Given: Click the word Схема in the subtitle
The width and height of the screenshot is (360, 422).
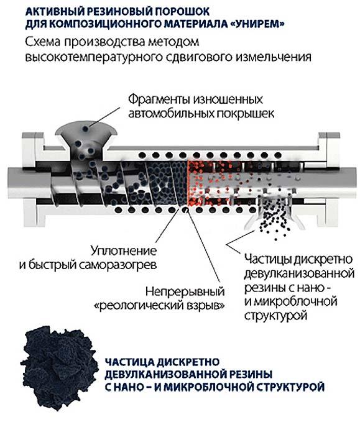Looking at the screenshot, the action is pos(43,42).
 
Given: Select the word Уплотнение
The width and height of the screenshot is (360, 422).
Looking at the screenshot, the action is pos(124,251).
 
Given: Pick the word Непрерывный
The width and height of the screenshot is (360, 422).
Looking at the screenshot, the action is pos(185,291).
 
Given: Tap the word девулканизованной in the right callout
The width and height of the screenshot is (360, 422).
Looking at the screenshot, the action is pos(299,273).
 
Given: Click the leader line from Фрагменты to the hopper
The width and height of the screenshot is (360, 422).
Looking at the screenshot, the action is pos(105,117).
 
